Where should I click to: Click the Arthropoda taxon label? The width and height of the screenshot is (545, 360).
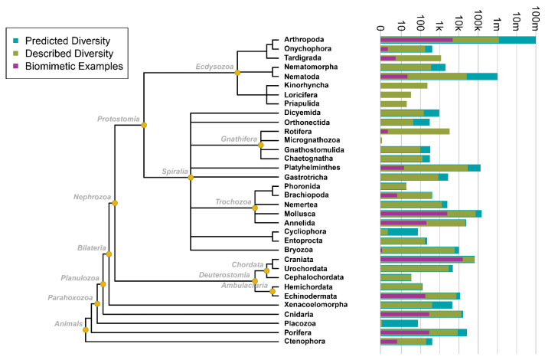(304, 40)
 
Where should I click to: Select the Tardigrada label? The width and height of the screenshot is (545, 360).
(302, 58)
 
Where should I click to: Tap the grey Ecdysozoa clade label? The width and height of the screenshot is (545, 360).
(215, 67)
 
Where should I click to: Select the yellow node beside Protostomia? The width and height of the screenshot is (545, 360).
(144, 124)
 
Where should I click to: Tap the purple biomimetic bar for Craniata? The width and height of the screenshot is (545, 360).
(421, 259)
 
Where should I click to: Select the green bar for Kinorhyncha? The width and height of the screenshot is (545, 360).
(393, 85)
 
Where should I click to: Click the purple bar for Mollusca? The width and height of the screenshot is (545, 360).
(413, 214)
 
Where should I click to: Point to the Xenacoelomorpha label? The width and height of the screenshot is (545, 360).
(316, 304)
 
